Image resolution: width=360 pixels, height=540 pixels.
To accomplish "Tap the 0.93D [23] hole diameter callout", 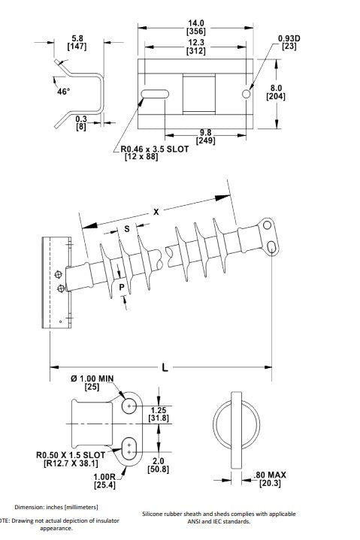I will pyautogui.click(x=289, y=42).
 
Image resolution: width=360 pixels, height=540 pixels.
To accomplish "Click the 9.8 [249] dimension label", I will pyautogui.click(x=206, y=136).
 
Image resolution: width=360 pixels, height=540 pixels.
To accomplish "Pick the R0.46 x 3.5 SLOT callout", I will pyautogui.click(x=155, y=149).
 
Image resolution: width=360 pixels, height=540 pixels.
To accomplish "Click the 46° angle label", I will pyautogui.click(x=63, y=92).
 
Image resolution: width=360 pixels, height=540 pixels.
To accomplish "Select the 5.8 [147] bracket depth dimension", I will pyautogui.click(x=77, y=41).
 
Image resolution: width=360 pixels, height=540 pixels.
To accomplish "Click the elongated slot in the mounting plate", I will pyautogui.click(x=153, y=94).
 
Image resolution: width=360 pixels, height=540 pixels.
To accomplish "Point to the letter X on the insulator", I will pyautogui.click(x=156, y=213).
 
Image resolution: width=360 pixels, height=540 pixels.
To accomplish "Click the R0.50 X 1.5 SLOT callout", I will pyautogui.click(x=71, y=459).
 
